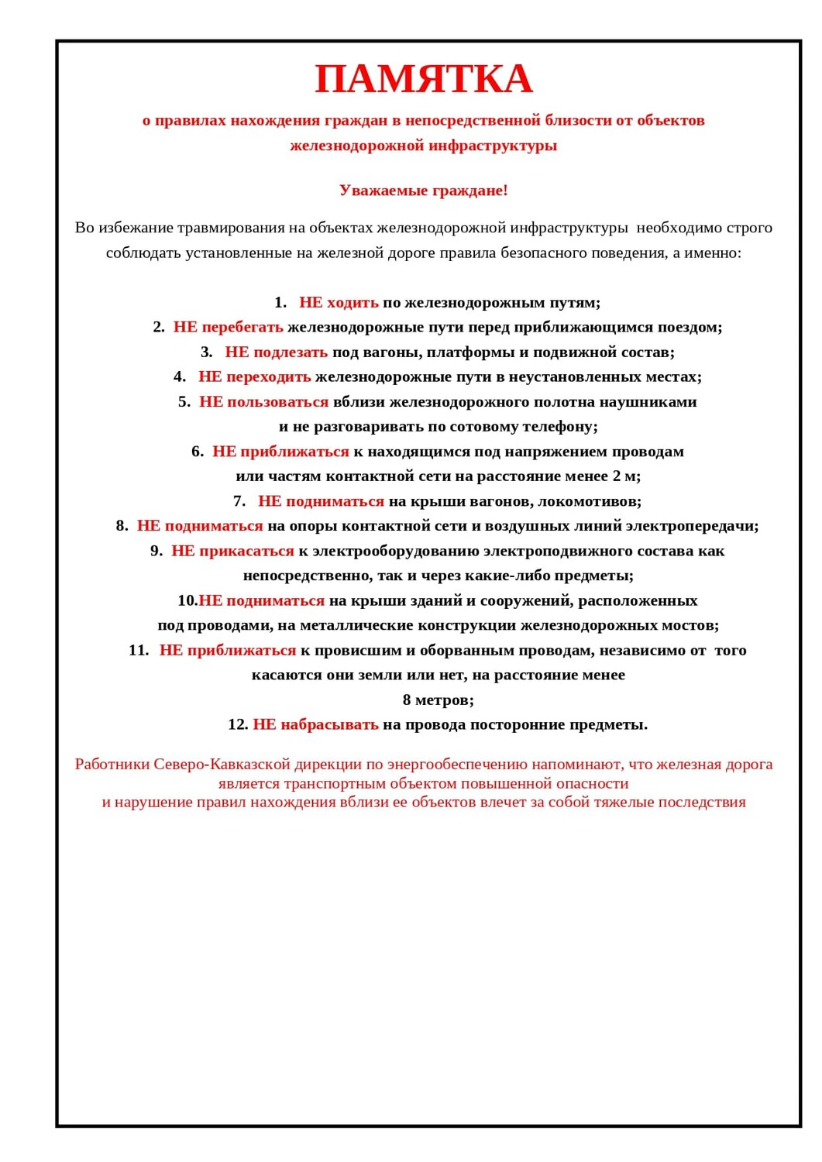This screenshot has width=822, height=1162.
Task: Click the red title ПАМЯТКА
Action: click(423, 79)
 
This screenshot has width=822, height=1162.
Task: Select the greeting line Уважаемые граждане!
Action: click(423, 191)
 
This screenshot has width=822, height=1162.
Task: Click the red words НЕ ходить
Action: click(339, 302)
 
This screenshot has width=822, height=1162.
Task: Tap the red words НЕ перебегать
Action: click(228, 327)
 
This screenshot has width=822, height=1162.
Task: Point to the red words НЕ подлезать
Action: click(276, 352)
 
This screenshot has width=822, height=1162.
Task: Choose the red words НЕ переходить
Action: click(254, 376)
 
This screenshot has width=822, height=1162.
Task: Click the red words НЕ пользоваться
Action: click(263, 401)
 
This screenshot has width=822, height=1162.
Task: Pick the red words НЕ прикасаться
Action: click(232, 551)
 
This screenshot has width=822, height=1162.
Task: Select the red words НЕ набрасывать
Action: click(315, 724)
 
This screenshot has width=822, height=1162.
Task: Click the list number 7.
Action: click(239, 501)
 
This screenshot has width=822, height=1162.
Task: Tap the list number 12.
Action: click(237, 724)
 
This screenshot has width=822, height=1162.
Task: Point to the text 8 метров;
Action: click(438, 700)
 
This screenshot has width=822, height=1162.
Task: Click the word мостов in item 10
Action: click(692, 625)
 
